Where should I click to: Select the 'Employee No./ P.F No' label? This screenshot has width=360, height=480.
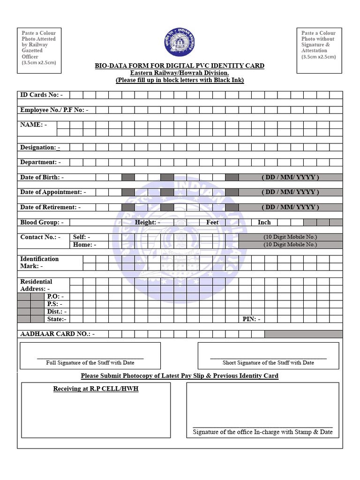pos(54,110)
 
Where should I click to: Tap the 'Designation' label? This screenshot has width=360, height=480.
pos(40,147)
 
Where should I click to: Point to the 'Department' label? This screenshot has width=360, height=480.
pos(40,162)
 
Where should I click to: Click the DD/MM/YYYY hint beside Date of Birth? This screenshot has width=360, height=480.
pos(290,177)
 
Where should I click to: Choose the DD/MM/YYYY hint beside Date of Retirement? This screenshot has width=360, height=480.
pos(290,207)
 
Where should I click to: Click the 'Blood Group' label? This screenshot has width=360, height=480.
pos(42,222)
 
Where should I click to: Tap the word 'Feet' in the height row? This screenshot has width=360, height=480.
pos(212,222)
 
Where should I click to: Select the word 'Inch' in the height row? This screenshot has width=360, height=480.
pos(264,222)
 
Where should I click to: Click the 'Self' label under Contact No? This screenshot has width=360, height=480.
pos(82,237)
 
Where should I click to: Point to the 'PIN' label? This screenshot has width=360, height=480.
pos(251,319)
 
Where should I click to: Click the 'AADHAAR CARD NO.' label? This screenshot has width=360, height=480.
pos(57,334)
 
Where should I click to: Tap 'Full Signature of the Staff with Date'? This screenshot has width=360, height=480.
pos(90,363)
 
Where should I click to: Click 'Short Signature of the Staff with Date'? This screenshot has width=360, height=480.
pos(268,363)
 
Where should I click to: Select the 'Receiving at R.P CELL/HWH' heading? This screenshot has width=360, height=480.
pos(96,389)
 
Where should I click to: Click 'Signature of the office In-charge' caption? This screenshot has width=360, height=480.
pos(262,432)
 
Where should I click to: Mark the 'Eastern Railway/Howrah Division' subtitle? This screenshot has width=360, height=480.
pos(180,73)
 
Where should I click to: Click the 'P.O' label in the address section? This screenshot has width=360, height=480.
pos(55,296)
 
